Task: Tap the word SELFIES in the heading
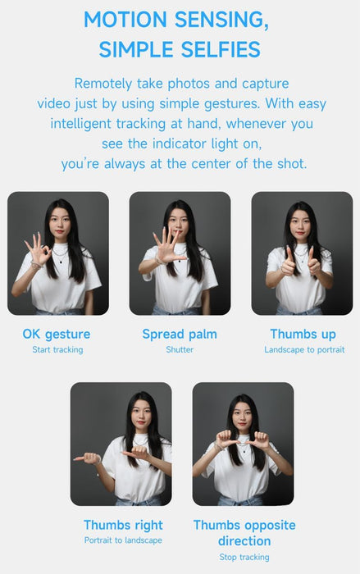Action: (221, 49)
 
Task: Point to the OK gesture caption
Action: (57, 335)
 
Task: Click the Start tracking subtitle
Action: (57, 350)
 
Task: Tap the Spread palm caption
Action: (180, 335)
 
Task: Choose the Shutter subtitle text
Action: (180, 349)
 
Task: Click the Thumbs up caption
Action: (303, 335)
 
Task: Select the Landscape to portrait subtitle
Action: (304, 350)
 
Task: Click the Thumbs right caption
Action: (123, 526)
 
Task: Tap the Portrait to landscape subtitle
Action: (123, 540)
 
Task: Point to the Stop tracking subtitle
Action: (244, 557)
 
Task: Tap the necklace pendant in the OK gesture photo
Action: (61, 262)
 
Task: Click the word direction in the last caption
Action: (244, 541)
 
